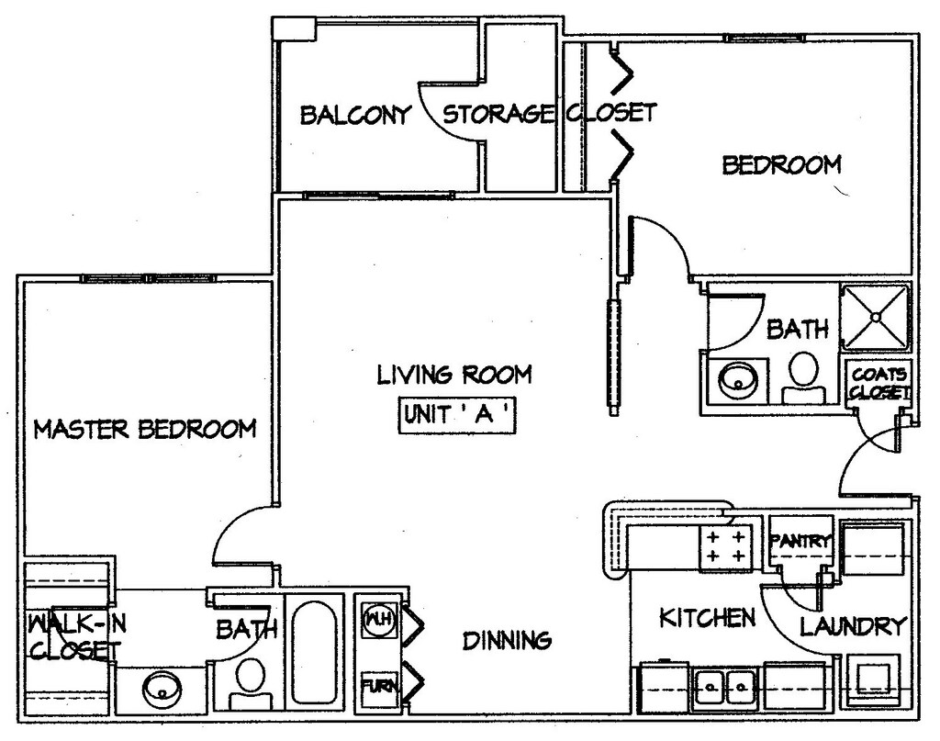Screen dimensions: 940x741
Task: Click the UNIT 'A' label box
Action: pos(457,415)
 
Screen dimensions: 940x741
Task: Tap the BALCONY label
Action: pos(355,115)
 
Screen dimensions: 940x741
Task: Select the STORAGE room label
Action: pos(498,113)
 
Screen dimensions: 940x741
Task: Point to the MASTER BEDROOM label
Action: pos(144,429)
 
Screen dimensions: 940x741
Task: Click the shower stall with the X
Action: pos(876,317)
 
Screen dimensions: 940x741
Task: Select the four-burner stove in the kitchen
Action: pos(725,545)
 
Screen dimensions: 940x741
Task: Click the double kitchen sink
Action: pos(725,684)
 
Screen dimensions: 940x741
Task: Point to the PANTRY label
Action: pos(801,541)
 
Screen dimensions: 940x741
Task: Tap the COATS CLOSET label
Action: pos(878,384)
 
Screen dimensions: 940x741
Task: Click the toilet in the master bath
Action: pos(250,683)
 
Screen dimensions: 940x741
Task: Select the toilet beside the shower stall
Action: pos(802,377)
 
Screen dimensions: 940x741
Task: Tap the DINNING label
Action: pos(507,640)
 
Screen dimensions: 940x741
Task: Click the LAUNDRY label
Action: pos(853,626)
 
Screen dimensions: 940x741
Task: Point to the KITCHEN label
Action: pos(708,617)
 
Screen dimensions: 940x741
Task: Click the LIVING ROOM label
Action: pos(454,375)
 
